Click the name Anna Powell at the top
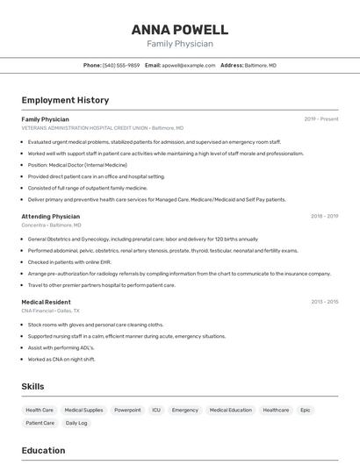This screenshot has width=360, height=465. click(180, 29)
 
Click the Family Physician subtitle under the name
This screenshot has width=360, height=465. click(180, 44)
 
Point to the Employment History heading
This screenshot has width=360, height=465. click(65, 100)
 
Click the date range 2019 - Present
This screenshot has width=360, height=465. click(321, 119)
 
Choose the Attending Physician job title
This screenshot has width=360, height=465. click(50, 216)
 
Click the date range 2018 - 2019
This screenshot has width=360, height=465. click(324, 216)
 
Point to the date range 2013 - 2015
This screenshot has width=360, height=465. click(324, 302)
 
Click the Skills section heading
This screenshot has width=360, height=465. click(32, 386)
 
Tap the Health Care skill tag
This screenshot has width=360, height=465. click(40, 410)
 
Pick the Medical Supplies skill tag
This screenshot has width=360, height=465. click(83, 410)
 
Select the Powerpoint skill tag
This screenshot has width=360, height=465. click(127, 410)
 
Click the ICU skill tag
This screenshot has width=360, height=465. click(156, 410)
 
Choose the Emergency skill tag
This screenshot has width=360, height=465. click(185, 410)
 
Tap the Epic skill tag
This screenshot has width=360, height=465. click(306, 410)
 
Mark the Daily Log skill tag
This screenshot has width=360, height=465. click(76, 423)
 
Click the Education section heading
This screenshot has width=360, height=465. click(43, 450)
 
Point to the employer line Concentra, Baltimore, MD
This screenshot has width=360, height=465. click(51, 225)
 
